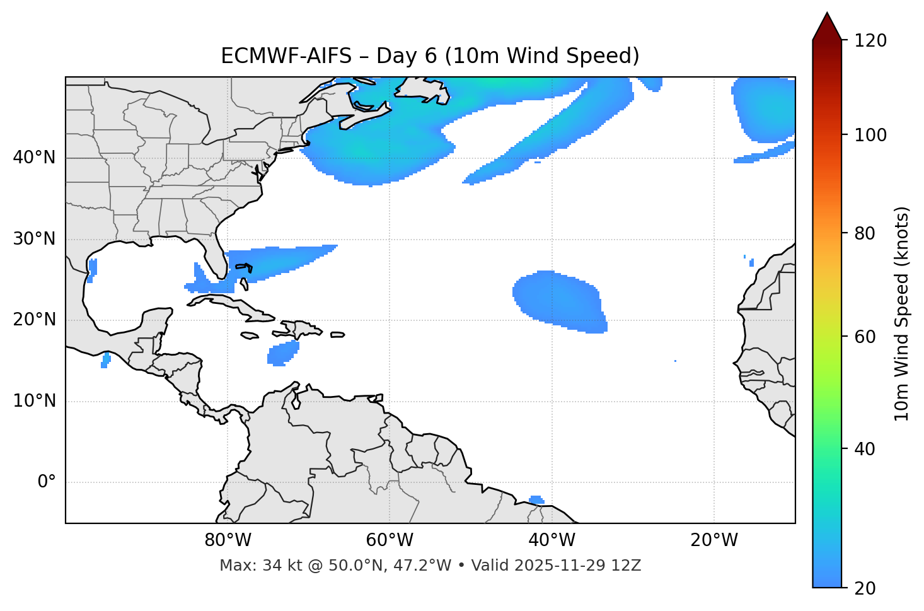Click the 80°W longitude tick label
point(228,540)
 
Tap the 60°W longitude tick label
point(390,540)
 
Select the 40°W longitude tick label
point(552,540)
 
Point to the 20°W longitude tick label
point(713,540)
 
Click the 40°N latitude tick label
point(34,158)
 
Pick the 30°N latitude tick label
point(34,239)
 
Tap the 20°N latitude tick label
point(34,320)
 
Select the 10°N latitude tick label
point(34,401)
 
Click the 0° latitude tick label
point(47,482)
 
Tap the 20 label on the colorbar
point(865,588)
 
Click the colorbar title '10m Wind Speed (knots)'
point(902,314)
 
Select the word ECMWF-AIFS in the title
point(286,56)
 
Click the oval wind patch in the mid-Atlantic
point(558,300)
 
